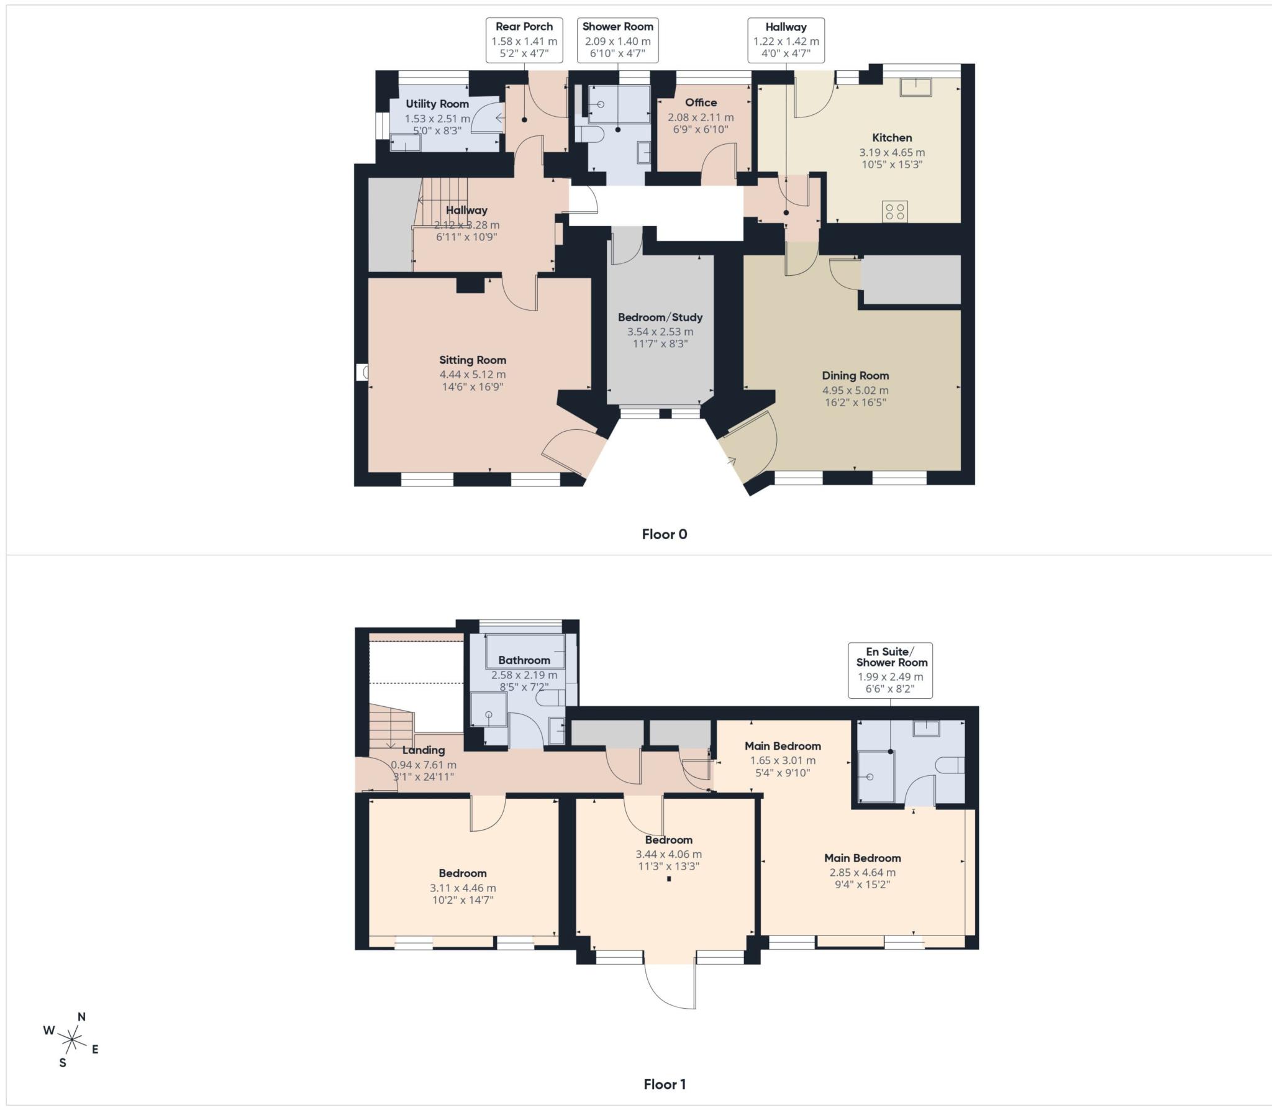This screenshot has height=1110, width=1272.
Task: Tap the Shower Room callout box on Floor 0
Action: (x=617, y=40)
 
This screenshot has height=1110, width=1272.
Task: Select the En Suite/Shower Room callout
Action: (x=891, y=670)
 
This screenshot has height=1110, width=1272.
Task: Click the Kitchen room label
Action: (x=892, y=138)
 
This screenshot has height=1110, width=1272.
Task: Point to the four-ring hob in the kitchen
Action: (x=895, y=211)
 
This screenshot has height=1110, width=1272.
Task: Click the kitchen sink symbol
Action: (x=916, y=87)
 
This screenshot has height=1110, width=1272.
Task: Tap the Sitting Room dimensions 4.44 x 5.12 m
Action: (x=473, y=375)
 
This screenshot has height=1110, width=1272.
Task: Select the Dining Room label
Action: (x=855, y=376)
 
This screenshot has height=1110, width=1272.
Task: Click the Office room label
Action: (x=701, y=102)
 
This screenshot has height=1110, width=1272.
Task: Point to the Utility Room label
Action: (x=437, y=104)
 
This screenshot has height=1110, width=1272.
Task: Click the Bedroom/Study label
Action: (x=660, y=317)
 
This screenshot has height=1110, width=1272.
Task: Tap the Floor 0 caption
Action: (x=664, y=534)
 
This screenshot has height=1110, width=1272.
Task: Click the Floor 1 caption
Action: (x=664, y=1085)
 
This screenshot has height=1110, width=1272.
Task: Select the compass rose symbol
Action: (x=73, y=1039)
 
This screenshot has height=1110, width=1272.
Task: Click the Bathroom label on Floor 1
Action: (x=524, y=660)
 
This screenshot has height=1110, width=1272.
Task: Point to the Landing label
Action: (x=423, y=750)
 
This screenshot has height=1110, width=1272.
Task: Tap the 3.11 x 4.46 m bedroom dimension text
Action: (x=463, y=888)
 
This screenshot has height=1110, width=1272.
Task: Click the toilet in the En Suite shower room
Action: (x=948, y=765)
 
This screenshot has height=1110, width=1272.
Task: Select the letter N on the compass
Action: (x=81, y=1017)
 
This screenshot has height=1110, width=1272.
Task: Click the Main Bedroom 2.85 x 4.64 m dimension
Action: (x=862, y=872)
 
